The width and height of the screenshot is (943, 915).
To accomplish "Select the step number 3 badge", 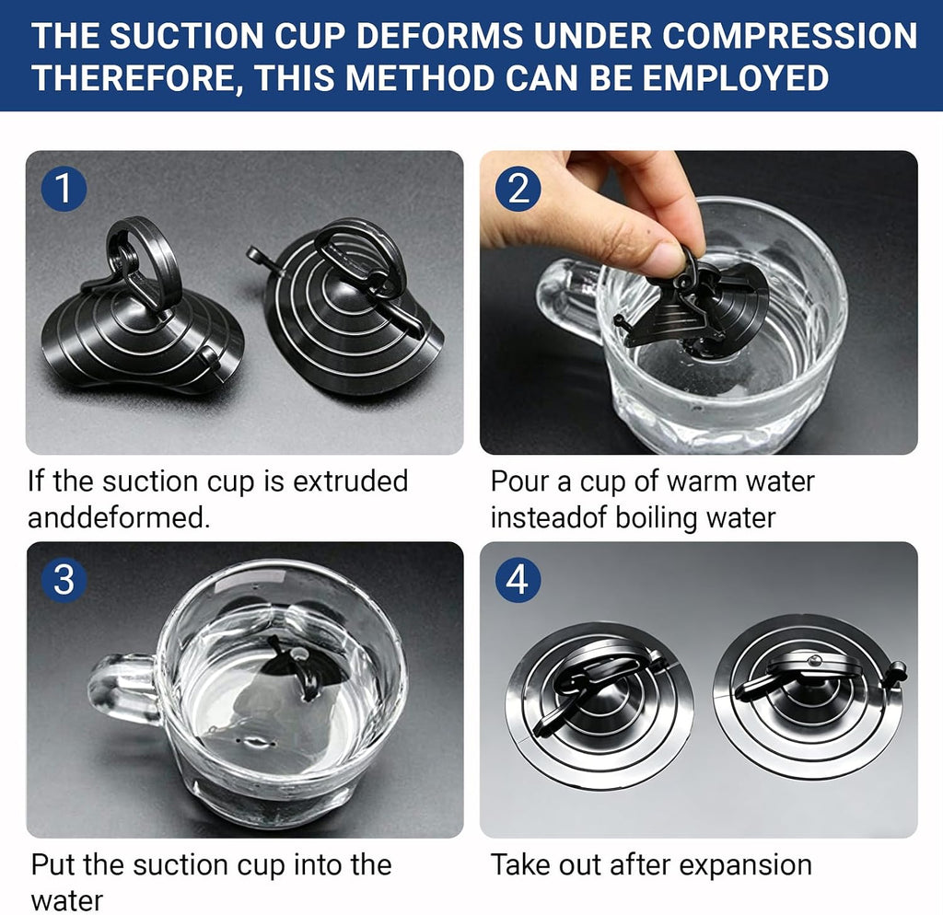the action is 64,580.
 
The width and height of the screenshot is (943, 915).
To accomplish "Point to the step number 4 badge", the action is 518,580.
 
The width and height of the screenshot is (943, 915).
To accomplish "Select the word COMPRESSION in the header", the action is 789,36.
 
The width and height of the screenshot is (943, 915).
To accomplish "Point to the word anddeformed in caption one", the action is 119,517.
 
